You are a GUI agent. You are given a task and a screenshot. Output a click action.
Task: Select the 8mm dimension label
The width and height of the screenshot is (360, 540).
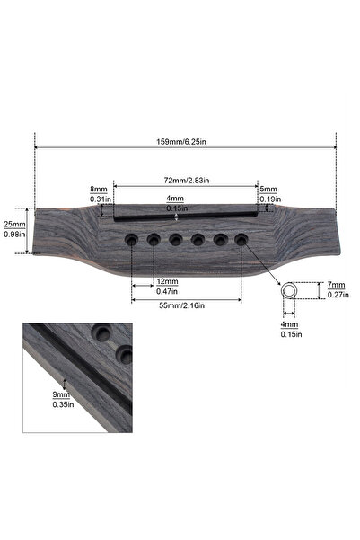click(x=99, y=190)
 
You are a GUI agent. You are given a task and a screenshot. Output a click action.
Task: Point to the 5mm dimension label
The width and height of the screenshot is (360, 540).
click(x=268, y=190)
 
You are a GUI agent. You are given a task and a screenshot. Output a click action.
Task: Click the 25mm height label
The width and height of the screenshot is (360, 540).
click(x=14, y=224)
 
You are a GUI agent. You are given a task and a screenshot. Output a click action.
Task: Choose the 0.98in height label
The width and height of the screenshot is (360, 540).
click(x=14, y=235)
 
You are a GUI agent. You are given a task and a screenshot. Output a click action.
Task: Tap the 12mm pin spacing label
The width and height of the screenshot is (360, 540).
click(x=166, y=281)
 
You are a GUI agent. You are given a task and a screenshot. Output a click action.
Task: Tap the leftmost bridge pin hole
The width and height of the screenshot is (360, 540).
click(x=132, y=239)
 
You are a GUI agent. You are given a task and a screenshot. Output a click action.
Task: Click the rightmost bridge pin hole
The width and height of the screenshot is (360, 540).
click(x=241, y=239)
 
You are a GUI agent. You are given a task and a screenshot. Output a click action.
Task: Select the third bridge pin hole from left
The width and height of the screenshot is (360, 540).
click(x=176, y=239)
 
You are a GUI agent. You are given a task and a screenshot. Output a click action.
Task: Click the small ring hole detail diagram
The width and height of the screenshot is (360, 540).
click(x=290, y=292)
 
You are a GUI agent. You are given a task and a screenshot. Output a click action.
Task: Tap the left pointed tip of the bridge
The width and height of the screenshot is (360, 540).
click(x=35, y=231)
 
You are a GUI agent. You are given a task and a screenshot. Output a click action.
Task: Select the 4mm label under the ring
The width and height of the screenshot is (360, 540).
click(x=289, y=324)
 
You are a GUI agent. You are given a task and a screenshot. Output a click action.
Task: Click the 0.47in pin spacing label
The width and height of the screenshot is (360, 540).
click(x=166, y=291)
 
